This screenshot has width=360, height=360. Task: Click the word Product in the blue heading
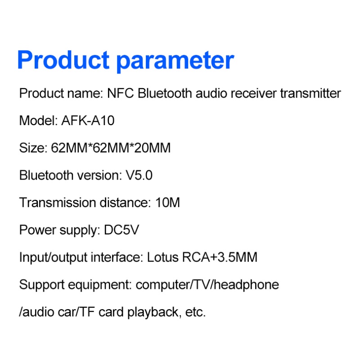(63, 60)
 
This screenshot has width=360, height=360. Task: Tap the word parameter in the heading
(175, 62)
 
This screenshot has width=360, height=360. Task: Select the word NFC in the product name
(120, 94)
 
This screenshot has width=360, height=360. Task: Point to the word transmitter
(310, 94)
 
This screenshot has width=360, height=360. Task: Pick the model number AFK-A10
(88, 121)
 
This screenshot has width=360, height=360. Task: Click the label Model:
(38, 121)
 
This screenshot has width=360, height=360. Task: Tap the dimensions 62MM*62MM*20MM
(111, 148)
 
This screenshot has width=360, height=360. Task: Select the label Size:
(33, 148)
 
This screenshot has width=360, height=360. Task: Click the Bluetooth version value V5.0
(139, 175)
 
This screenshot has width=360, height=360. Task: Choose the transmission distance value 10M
(167, 202)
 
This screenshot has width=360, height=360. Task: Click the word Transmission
(58, 202)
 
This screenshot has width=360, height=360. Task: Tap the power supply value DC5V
(121, 230)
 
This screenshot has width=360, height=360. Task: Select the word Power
(37, 230)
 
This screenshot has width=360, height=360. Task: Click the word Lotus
(162, 257)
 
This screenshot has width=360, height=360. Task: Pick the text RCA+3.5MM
(220, 257)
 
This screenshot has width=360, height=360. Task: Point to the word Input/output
(53, 257)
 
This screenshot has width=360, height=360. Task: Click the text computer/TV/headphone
(207, 285)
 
